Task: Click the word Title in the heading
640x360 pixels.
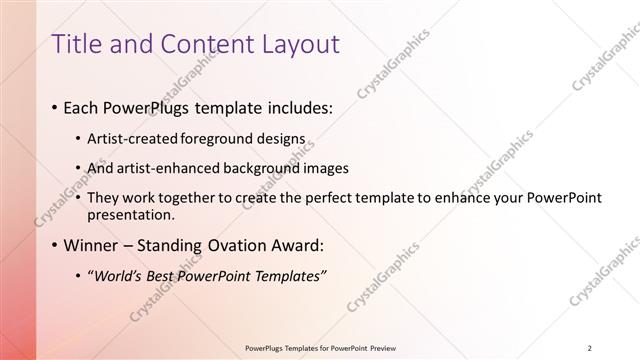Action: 77,44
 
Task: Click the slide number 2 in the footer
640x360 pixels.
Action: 590,347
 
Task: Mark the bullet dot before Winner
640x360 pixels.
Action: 53,245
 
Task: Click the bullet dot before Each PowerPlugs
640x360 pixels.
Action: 53,107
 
